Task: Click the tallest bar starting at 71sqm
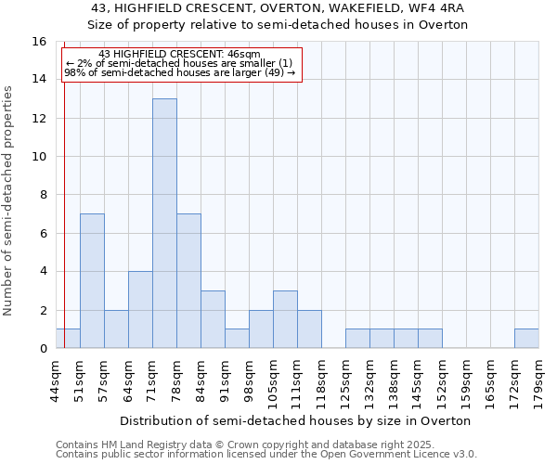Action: (x=164, y=223)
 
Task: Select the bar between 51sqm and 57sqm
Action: (x=92, y=280)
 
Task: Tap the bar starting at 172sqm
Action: (x=526, y=339)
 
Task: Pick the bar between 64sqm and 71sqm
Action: (x=140, y=309)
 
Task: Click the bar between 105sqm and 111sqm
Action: (x=285, y=319)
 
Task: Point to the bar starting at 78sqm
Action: (x=188, y=280)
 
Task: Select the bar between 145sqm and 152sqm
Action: (x=430, y=339)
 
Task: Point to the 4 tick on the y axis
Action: (x=43, y=271)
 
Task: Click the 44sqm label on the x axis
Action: (x=56, y=380)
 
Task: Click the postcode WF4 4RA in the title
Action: (x=434, y=7)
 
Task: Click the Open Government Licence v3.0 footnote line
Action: (x=266, y=454)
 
